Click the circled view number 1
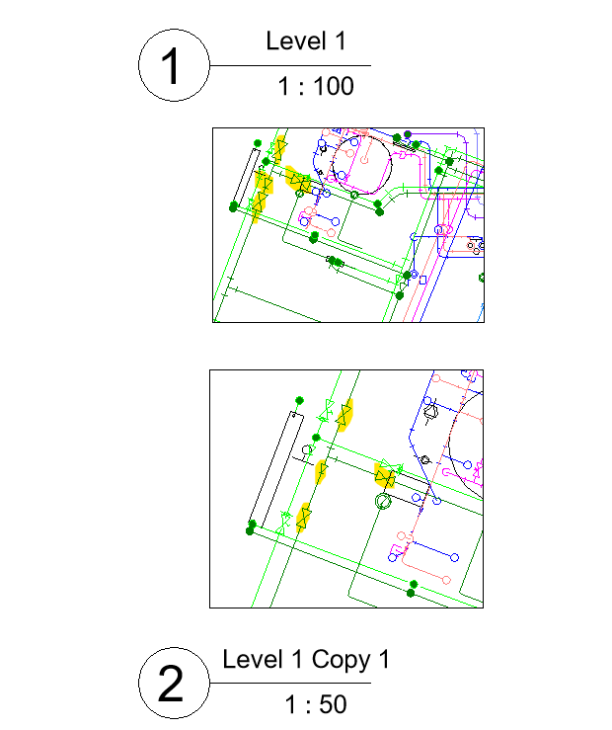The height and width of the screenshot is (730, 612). pyautogui.click(x=174, y=65)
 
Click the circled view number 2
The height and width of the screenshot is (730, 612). pyautogui.click(x=174, y=683)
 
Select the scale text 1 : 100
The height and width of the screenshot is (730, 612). pyautogui.click(x=316, y=86)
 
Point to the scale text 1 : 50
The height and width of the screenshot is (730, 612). pyautogui.click(x=316, y=704)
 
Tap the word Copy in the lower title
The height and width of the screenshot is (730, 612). pyautogui.click(x=341, y=660)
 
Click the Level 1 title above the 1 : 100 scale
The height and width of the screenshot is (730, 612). pyautogui.click(x=306, y=41)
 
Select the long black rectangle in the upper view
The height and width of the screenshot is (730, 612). pyautogui.click(x=246, y=179)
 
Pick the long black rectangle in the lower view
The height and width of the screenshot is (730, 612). pyautogui.click(x=275, y=471)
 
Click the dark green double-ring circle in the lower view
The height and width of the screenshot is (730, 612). pyautogui.click(x=383, y=502)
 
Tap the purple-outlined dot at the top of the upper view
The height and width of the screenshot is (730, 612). pyautogui.click(x=408, y=134)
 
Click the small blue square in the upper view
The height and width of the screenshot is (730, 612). pyautogui.click(x=422, y=280)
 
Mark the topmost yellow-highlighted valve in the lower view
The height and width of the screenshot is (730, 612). pyautogui.click(x=345, y=415)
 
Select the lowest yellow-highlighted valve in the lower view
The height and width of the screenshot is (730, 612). pyautogui.click(x=303, y=518)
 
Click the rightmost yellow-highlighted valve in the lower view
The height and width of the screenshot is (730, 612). pyautogui.click(x=385, y=476)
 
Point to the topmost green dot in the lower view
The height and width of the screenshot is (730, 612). pyautogui.click(x=299, y=400)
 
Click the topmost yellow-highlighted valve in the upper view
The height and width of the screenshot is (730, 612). pyautogui.click(x=279, y=148)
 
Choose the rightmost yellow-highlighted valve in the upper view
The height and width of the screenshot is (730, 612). pyautogui.click(x=298, y=180)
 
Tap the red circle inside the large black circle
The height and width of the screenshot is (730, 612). pyautogui.click(x=364, y=160)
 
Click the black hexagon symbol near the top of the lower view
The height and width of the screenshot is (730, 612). pyautogui.click(x=430, y=412)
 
